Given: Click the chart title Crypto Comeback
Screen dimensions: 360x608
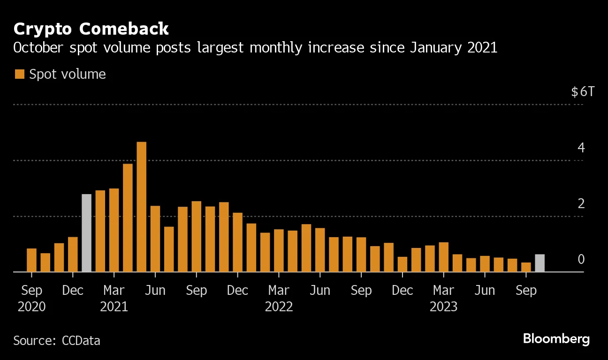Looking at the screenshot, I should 91,29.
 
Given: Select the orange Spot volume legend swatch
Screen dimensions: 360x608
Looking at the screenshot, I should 19,74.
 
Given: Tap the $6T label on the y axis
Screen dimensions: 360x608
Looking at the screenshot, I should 582,91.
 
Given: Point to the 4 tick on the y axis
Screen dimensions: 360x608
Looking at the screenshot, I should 581,148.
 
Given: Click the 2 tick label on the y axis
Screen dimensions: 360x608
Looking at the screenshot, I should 581,204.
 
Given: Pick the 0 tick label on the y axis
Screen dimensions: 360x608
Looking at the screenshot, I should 581,259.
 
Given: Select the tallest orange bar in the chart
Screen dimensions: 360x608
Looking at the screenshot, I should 141,207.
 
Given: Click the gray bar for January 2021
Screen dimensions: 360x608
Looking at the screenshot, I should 86,233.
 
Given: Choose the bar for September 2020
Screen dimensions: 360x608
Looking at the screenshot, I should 31,260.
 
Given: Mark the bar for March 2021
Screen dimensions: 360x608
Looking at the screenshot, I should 114,230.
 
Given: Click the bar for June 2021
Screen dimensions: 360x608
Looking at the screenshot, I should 155,239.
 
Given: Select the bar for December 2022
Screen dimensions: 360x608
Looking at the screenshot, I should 403,264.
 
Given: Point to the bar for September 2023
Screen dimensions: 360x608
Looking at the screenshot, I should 526,267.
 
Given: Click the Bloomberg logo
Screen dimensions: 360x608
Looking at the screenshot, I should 556,338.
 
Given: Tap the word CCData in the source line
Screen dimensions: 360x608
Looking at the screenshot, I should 81,340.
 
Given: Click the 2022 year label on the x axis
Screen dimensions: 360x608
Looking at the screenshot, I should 279,307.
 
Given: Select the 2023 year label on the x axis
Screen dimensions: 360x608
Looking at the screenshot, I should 443,307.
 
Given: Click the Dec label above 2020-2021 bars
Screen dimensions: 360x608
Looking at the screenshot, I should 73,291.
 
